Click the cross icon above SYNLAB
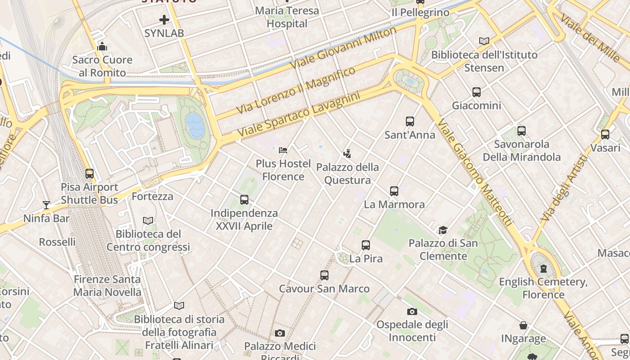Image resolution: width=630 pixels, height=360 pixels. pos(164,20)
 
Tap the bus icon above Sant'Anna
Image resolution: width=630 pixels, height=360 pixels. pos(409,121)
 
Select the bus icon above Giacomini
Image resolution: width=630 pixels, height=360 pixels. pos(477,92)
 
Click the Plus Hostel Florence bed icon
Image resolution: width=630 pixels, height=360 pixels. pos(283,150)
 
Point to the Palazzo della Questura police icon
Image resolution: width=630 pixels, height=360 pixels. pos(347,154)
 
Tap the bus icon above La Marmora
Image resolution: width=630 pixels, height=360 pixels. pos(394,191)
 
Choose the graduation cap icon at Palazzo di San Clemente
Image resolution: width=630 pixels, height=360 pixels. pos(443,230)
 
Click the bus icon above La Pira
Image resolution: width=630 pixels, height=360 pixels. pos(366,245)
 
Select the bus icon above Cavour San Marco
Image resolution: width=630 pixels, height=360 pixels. pos(324,275)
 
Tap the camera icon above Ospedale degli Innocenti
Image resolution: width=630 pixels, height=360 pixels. pos(412,311)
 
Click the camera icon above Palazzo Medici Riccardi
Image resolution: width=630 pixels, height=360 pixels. pos(280,333)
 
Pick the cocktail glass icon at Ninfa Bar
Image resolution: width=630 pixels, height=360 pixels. pos(46,205)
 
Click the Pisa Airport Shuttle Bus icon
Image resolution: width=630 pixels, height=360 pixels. pos(90,173)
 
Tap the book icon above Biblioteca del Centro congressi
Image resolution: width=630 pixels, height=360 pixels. pos(148,220)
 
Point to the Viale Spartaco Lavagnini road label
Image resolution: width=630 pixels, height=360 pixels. pos(299,115)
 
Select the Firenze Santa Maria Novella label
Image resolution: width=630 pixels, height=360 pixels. pos(107,286)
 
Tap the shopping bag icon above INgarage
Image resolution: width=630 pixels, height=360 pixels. pos(523,325)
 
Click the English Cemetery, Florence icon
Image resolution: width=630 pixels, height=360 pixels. pos(544,269)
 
